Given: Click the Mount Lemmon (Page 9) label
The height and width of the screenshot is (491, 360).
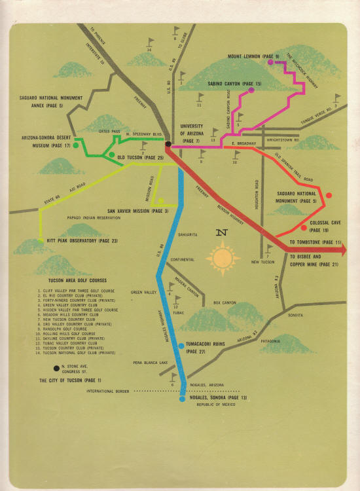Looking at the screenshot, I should [x=253, y=57].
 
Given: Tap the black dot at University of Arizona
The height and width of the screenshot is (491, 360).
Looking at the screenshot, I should [x=168, y=143].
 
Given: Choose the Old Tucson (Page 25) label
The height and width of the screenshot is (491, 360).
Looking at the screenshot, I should [x=140, y=158].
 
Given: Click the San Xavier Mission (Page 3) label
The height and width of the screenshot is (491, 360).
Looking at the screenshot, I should [x=135, y=211].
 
